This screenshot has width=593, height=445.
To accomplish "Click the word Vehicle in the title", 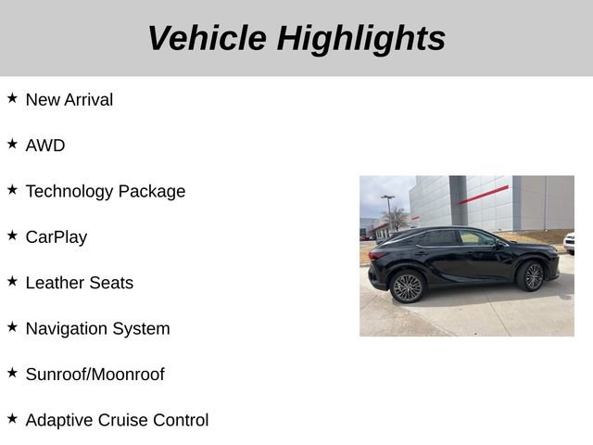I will pyautogui.click(x=207, y=38).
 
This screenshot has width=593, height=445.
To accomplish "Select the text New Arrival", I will pyautogui.click(x=69, y=99).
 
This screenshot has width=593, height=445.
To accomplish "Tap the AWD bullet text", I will pyautogui.click(x=45, y=146).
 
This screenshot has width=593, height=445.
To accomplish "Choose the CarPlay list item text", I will pyautogui.click(x=57, y=236).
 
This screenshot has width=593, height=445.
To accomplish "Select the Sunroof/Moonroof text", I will pyautogui.click(x=95, y=375).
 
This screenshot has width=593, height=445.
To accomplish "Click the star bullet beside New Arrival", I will pyautogui.click(x=12, y=97).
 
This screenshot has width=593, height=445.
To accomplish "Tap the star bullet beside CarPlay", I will pyautogui.click(x=12, y=235).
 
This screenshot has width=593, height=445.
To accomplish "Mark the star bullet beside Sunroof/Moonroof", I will pyautogui.click(x=12, y=373).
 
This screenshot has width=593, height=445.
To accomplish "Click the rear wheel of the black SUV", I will pyautogui.click(x=407, y=286).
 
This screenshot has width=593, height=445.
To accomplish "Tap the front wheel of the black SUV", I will pyautogui.click(x=531, y=275).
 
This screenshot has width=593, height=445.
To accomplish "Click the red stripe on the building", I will pyautogui.click(x=483, y=195).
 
